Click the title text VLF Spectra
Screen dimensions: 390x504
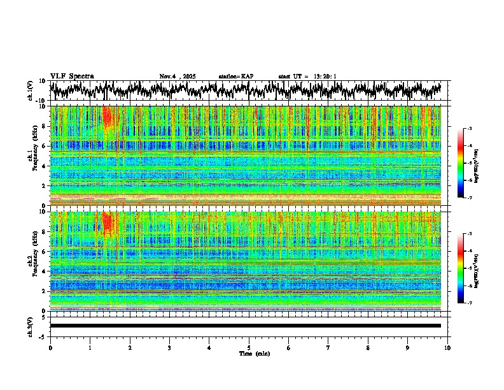point(72,76)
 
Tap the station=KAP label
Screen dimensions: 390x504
point(235,76)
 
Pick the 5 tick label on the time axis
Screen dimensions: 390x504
point(249,347)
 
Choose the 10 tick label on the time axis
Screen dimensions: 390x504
point(447,347)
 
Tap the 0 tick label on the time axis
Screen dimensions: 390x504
point(50,347)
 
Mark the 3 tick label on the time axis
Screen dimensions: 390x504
point(169,347)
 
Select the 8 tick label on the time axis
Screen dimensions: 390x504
point(368,347)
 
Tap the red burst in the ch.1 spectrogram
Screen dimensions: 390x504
point(107,117)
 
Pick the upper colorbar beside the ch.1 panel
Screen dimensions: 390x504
point(460,163)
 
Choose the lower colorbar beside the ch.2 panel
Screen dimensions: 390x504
point(460,268)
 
